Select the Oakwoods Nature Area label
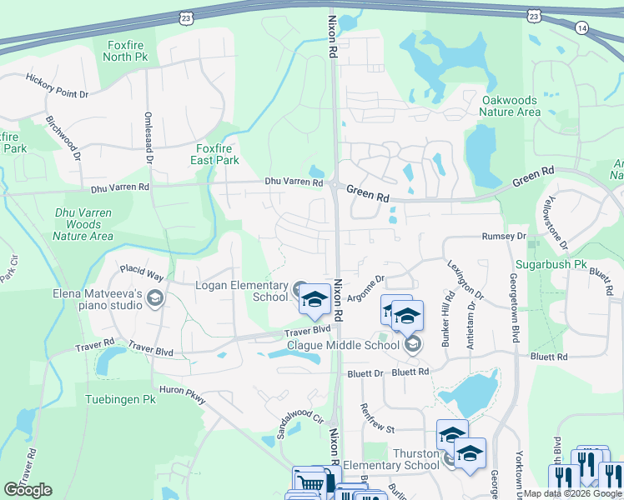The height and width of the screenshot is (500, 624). [x=511, y=106]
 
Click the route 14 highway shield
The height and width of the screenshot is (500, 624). [x=581, y=27]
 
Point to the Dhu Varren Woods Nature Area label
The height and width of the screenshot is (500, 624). [x=83, y=225]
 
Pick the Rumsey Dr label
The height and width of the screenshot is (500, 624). [x=504, y=237]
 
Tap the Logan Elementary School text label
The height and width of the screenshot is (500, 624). [x=241, y=291]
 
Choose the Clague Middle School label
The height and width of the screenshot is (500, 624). [x=343, y=345]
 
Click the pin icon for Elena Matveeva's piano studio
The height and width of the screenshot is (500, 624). [x=154, y=299]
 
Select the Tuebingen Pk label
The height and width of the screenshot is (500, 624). [x=120, y=399]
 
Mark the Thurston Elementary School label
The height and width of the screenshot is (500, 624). [x=391, y=459]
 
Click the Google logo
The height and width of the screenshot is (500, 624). [x=28, y=489]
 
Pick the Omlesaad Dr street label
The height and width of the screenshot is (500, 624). [x=148, y=137]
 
